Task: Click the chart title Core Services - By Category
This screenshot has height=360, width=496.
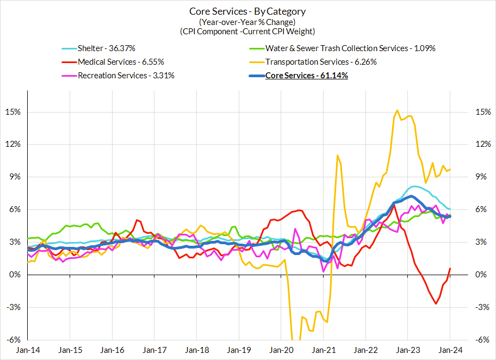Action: [247, 11]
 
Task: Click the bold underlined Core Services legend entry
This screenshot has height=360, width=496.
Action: [306, 76]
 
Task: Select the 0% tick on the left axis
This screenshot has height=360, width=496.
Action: [15, 275]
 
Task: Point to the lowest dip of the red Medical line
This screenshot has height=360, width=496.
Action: [436, 303]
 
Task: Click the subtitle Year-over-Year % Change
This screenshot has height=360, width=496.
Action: [247, 22]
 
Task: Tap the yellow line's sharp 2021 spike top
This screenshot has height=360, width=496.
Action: [338, 156]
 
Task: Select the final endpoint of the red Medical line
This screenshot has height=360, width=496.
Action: [450, 268]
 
